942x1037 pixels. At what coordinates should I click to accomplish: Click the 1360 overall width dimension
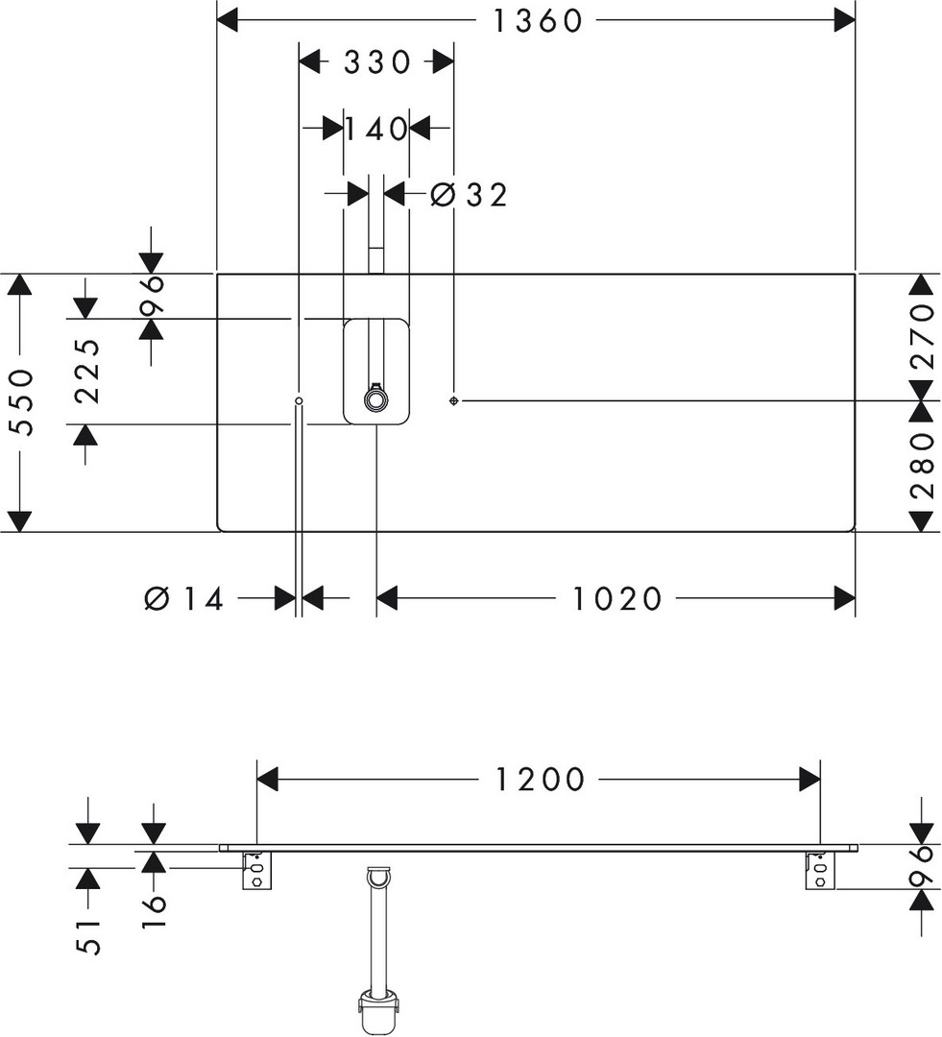click(x=538, y=20)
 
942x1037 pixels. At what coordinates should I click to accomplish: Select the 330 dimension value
click(x=376, y=62)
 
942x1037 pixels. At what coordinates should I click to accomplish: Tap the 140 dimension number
click(x=376, y=129)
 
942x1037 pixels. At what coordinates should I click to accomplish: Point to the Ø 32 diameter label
click(x=469, y=195)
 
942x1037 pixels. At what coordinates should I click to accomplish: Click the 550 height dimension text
click(x=22, y=402)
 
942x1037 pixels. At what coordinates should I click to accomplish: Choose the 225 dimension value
click(x=87, y=371)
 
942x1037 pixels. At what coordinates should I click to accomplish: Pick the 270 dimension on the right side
click(x=922, y=336)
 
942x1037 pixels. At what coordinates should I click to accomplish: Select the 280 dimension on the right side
click(x=922, y=465)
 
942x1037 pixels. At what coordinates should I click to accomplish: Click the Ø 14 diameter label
click(x=184, y=599)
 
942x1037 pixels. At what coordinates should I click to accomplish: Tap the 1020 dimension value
click(x=617, y=599)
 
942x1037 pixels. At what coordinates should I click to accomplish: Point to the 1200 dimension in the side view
click(x=540, y=779)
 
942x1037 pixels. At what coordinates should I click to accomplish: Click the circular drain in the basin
click(x=374, y=399)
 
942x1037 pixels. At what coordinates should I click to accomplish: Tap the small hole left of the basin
click(x=300, y=399)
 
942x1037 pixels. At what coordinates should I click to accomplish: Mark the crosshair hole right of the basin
click(x=453, y=399)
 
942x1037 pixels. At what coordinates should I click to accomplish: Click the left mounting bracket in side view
click(x=255, y=870)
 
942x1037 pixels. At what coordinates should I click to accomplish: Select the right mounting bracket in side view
click(x=819, y=870)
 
